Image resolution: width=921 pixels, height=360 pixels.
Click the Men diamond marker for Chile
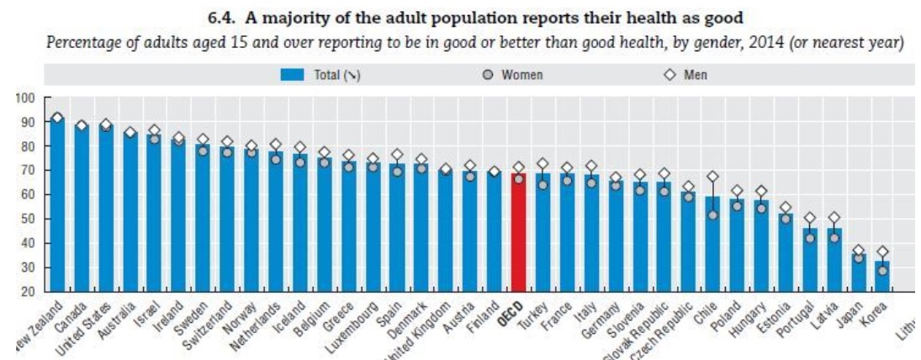[x=712, y=177]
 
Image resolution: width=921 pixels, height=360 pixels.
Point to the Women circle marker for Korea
[x=881, y=270]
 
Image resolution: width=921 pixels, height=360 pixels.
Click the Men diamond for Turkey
[x=543, y=164]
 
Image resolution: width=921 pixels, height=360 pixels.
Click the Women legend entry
[x=514, y=75]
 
